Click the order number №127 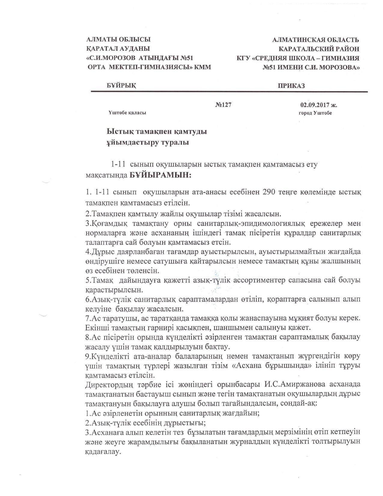coord(223,105)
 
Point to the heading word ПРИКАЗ coord(291,86)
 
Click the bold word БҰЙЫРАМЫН coord(160,175)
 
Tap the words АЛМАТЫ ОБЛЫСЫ coord(118,39)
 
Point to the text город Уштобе coord(315,113)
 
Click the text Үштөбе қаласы coord(127,113)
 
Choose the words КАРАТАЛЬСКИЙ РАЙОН coord(319,49)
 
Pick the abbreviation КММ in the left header coord(203,67)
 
